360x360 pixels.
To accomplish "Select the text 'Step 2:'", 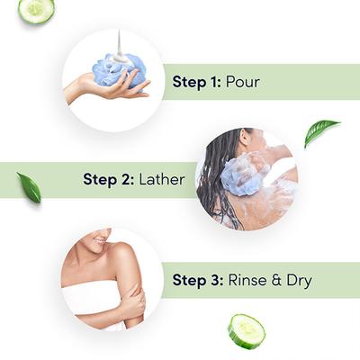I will point(109,179).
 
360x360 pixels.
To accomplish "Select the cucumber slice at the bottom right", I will point(246,330).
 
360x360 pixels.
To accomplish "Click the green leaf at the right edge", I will point(320,131).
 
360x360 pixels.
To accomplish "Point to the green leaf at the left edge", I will point(29,187).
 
